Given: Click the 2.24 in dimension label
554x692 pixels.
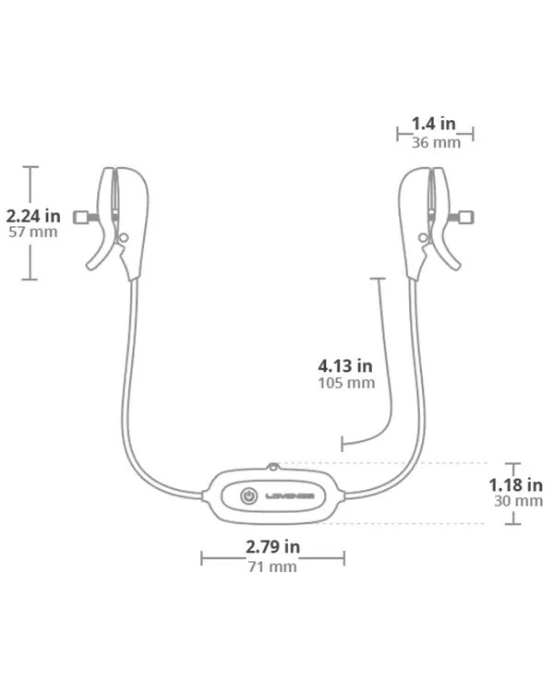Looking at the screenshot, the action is pos(33,216).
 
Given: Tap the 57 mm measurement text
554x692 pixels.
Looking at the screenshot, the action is pos(33,233).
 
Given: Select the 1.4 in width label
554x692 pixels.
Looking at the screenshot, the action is pos(433,124).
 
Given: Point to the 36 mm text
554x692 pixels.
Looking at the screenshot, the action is pos(436,142).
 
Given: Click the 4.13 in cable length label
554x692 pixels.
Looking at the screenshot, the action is pos(345,366).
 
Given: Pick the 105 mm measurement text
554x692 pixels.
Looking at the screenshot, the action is pos(346,383).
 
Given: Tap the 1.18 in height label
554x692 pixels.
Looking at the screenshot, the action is pos(515,485).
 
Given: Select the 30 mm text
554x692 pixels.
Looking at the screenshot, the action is pos(518,501).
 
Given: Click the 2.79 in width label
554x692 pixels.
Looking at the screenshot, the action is pos(272,547).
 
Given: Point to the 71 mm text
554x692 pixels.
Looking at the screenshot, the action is pos(272,567).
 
